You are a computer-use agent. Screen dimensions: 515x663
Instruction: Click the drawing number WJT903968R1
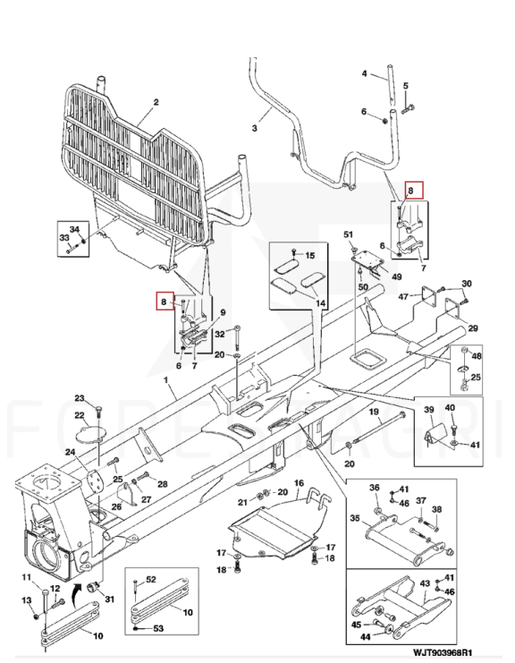click(443, 653)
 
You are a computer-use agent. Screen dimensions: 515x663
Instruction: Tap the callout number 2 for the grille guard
click(156, 102)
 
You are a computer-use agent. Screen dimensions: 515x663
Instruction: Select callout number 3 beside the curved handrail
click(254, 128)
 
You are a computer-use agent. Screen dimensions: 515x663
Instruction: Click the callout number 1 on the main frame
click(166, 380)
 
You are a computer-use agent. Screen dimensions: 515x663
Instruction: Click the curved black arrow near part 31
click(76, 591)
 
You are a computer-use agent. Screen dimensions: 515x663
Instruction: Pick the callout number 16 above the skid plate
click(299, 483)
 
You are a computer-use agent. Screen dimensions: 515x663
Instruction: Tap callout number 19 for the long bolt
click(374, 412)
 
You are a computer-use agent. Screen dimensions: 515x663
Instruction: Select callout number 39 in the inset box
click(429, 409)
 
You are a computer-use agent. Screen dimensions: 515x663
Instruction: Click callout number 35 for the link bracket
click(355, 518)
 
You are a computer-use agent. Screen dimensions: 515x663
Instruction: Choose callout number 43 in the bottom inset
click(425, 583)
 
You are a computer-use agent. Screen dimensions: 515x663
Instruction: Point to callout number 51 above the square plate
click(348, 234)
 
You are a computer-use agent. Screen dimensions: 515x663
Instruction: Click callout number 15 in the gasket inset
click(309, 255)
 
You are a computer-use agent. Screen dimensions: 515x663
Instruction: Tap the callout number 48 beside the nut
click(477, 356)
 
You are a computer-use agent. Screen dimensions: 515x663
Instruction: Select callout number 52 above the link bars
click(151, 580)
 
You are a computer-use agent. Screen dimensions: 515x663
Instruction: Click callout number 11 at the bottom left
click(27, 577)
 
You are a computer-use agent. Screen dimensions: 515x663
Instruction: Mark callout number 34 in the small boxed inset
click(74, 229)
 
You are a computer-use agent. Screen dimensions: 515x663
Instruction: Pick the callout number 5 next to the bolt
click(406, 86)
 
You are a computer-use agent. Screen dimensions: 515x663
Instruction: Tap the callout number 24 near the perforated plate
click(70, 453)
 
